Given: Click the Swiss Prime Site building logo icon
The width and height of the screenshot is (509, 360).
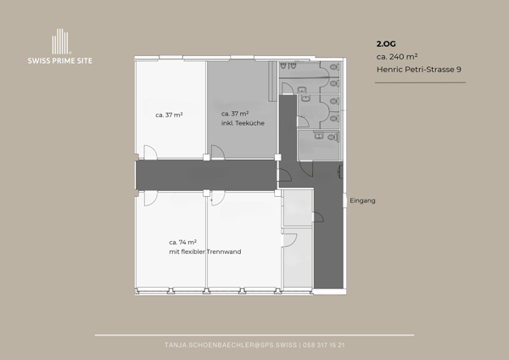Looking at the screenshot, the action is (60, 42).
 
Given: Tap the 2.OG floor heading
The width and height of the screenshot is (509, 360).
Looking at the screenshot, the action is (386, 44).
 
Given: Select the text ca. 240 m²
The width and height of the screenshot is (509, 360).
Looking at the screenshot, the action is (397, 57).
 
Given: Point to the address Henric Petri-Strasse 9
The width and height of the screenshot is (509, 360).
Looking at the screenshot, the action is (419, 70).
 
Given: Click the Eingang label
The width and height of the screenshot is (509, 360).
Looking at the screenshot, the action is (362, 200).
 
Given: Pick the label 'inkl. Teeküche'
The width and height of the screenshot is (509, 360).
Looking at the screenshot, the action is (243, 123).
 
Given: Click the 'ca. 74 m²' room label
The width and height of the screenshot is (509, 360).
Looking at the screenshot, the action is (182, 242).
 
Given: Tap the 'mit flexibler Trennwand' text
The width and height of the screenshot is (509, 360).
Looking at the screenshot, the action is (205, 252).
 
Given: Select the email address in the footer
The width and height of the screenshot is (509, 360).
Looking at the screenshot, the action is (231, 345).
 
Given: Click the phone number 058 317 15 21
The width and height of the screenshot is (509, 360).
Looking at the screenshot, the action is (324, 345).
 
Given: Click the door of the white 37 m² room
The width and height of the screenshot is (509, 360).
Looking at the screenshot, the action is (150, 152).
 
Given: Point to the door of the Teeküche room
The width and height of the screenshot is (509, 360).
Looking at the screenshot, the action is (218, 152).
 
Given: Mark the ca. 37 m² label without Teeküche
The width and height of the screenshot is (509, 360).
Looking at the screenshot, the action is (169, 115).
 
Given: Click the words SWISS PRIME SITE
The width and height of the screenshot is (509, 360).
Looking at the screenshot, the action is (60, 61).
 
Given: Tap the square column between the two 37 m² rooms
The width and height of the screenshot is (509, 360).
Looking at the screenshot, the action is (206, 158).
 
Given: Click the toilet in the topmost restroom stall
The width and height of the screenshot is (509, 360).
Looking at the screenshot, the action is (333, 67).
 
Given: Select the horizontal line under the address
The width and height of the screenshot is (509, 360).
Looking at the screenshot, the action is (421, 82).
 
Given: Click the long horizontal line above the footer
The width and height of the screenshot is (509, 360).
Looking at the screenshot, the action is (255, 335).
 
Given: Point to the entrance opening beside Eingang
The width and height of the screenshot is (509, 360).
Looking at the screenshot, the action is (344, 200).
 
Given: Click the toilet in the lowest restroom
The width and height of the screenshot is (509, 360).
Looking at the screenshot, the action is (332, 138).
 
